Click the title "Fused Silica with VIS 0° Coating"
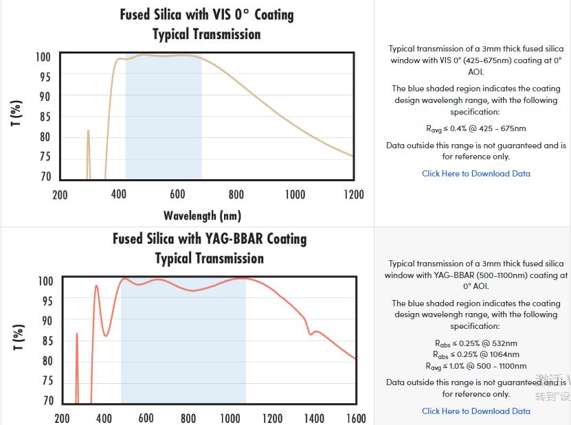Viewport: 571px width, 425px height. click(x=206, y=14)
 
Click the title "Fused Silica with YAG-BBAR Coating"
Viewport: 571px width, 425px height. click(x=210, y=239)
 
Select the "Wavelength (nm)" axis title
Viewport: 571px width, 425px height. click(x=202, y=216)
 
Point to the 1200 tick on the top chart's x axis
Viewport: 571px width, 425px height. click(x=354, y=194)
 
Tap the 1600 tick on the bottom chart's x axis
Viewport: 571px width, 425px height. click(x=356, y=418)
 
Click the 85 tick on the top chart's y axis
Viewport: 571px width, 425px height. click(x=45, y=117)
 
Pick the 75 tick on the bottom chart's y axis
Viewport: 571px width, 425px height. click(x=47, y=381)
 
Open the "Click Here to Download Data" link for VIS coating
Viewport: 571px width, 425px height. click(x=475, y=174)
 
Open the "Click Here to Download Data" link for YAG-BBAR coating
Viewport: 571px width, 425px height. click(x=475, y=411)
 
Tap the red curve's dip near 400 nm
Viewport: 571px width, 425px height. click(x=106, y=335)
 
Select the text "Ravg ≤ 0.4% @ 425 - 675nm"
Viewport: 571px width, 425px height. click(x=476, y=128)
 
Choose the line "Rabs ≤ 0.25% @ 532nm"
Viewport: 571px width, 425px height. click(x=475, y=343)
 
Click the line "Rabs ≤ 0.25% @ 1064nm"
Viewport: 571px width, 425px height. click(x=475, y=354)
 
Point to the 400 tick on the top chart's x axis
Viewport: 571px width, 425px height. click(x=119, y=194)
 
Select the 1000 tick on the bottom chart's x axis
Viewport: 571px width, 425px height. click(x=230, y=418)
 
